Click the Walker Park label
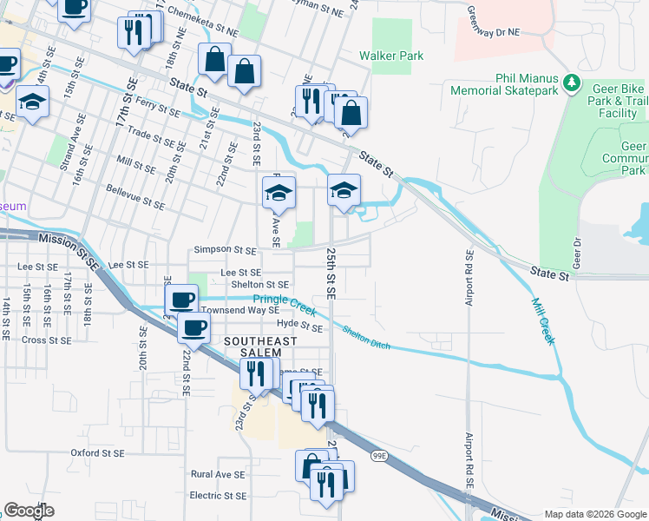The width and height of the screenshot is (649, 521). tap(391, 56)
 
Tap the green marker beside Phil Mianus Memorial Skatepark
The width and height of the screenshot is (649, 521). tap(571, 82)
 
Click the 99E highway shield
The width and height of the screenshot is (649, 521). tap(379, 456)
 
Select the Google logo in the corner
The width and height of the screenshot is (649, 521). tap(29, 510)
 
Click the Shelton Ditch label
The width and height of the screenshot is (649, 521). tap(365, 338)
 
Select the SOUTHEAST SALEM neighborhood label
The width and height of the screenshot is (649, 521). tap(253, 347)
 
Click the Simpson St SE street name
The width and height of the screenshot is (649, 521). tap(225, 250)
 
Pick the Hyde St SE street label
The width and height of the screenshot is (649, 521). tap(298, 327)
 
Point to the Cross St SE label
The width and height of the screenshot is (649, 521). tap(47, 340)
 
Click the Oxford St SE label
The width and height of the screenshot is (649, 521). tap(97, 453)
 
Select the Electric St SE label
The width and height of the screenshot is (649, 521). tap(218, 496)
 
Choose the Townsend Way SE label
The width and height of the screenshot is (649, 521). tap(239, 310)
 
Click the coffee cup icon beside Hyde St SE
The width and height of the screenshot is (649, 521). tap(194, 328)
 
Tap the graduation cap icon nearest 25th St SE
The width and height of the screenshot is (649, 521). tap(344, 190)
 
